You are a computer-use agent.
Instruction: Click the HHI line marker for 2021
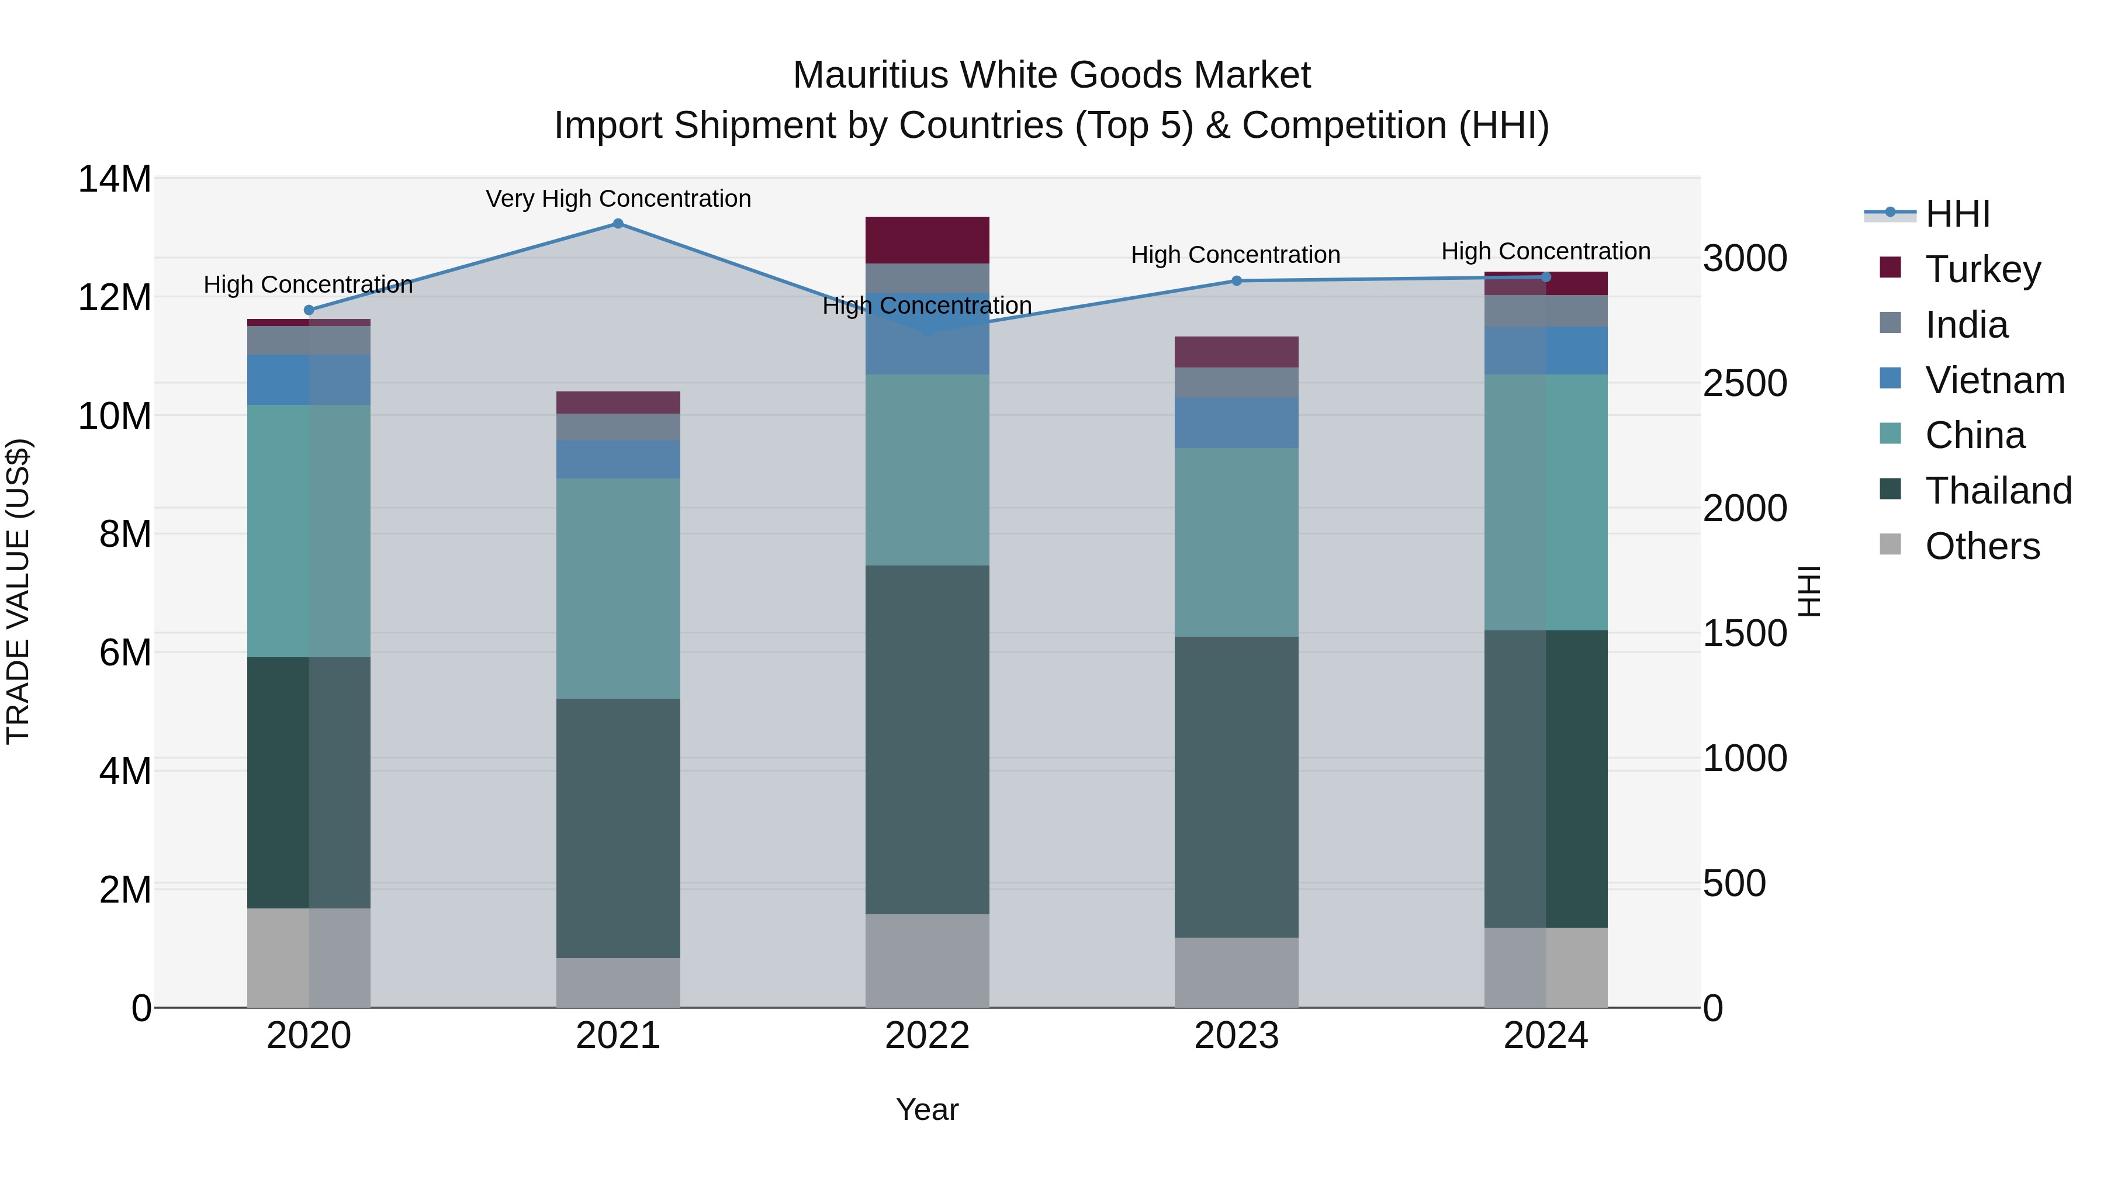[x=618, y=224]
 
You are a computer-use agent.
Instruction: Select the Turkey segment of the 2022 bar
[x=927, y=240]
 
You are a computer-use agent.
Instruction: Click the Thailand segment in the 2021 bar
[x=618, y=828]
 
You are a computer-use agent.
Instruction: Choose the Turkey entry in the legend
[x=1982, y=269]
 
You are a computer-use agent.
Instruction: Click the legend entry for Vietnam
[x=1994, y=380]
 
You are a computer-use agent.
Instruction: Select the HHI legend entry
[x=1957, y=214]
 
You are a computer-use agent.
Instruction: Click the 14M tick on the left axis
[x=115, y=179]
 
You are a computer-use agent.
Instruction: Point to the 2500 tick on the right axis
[x=1745, y=384]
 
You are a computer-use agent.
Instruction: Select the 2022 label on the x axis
[x=927, y=1036]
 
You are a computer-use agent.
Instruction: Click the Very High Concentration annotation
[x=618, y=199]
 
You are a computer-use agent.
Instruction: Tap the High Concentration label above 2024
[x=1545, y=251]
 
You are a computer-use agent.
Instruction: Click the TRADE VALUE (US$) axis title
[x=18, y=591]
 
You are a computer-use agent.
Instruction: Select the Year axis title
[x=927, y=1109]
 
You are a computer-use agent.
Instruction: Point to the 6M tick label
[x=125, y=653]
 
